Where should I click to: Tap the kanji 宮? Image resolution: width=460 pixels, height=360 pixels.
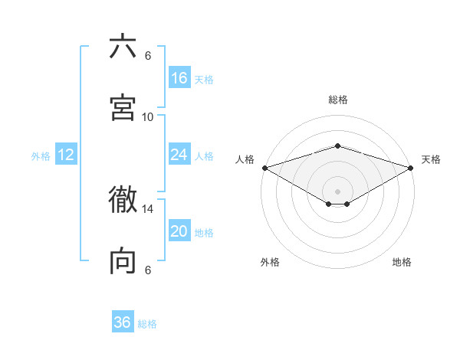[x=123, y=107]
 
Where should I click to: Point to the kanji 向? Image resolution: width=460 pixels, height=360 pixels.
[x=123, y=261]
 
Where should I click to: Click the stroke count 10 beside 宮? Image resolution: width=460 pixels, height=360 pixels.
[x=148, y=116]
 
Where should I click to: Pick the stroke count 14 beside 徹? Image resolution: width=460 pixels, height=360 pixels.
[x=148, y=208]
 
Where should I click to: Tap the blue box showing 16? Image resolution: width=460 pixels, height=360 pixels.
[x=179, y=78]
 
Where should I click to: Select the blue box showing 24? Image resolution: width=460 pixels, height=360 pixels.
[x=179, y=155]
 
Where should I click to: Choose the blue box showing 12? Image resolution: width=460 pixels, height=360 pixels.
[x=66, y=155]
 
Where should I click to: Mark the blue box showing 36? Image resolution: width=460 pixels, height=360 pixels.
[x=123, y=322]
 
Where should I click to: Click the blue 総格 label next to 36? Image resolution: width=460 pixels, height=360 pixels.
[x=148, y=324]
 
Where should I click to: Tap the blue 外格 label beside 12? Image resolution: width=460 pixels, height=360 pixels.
[x=41, y=156]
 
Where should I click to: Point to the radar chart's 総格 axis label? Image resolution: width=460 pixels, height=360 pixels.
[x=337, y=100]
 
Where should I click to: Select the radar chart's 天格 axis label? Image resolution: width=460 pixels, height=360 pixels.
[x=431, y=159]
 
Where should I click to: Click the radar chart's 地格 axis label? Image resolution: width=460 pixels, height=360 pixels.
[x=402, y=262]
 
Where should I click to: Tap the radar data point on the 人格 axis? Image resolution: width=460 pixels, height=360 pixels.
[x=264, y=167]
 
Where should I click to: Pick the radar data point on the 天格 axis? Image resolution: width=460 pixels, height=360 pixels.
[x=411, y=167]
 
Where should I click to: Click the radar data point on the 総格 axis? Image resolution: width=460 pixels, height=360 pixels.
[x=337, y=146]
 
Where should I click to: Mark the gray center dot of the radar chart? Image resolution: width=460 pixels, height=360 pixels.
[x=337, y=191]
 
